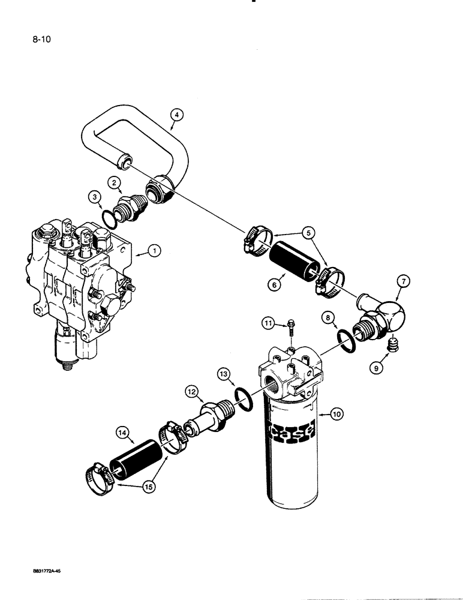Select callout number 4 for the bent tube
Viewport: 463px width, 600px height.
coord(176,115)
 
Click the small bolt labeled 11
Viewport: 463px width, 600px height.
coord(291,326)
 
